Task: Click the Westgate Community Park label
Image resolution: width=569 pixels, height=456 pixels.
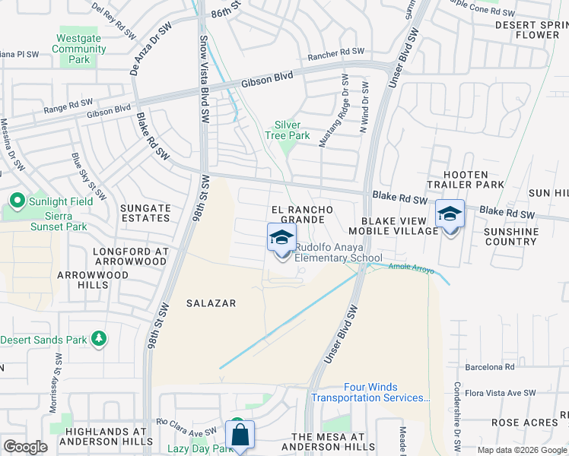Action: click(79, 49)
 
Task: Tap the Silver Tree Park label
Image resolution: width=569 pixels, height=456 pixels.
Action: click(287, 130)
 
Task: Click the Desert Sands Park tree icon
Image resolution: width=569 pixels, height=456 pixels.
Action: click(98, 339)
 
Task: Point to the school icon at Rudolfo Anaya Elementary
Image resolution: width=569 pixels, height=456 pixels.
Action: click(281, 238)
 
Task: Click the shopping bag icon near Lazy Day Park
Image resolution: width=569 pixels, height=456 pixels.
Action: click(240, 435)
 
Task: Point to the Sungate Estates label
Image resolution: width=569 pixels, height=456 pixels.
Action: click(145, 213)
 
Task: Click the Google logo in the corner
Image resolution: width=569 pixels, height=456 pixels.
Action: click(25, 446)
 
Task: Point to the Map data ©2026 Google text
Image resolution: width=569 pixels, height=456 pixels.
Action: click(521, 450)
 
